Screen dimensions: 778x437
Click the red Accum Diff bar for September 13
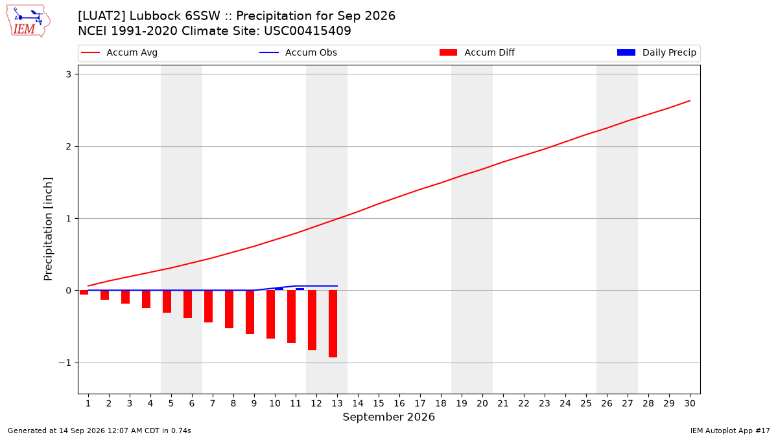333,324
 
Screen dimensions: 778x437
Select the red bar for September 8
230,309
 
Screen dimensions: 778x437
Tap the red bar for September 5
167,302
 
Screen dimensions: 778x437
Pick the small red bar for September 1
84,293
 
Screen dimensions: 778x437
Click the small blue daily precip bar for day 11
300,289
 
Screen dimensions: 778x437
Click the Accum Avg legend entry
119,52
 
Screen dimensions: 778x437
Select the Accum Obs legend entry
298,52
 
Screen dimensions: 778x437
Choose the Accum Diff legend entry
477,52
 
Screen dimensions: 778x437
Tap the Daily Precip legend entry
656,52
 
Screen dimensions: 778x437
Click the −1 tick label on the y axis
65,363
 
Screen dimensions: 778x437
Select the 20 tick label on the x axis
482,403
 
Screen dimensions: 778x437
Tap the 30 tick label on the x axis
690,403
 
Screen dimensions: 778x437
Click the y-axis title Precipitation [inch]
48,229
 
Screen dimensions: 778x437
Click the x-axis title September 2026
388,417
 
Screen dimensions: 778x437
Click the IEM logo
28,21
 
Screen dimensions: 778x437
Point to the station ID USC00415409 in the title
307,31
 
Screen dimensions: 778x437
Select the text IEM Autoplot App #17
730,431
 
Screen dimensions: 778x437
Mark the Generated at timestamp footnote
99,431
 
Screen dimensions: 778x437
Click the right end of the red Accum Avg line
690,100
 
